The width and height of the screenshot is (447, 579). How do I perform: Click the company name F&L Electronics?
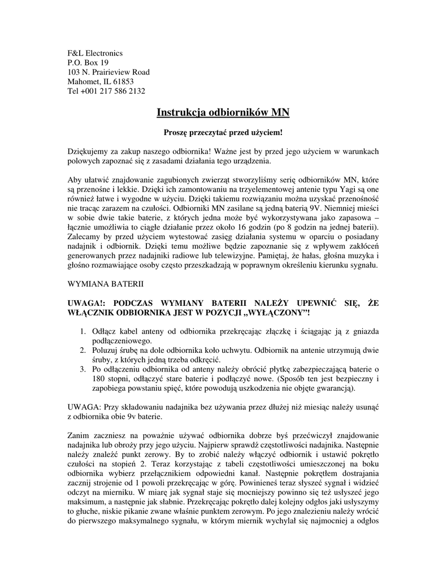coord(95,53)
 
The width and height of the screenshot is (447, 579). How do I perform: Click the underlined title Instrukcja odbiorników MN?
coord(223,113)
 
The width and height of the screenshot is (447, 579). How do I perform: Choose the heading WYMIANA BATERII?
coord(106,282)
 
